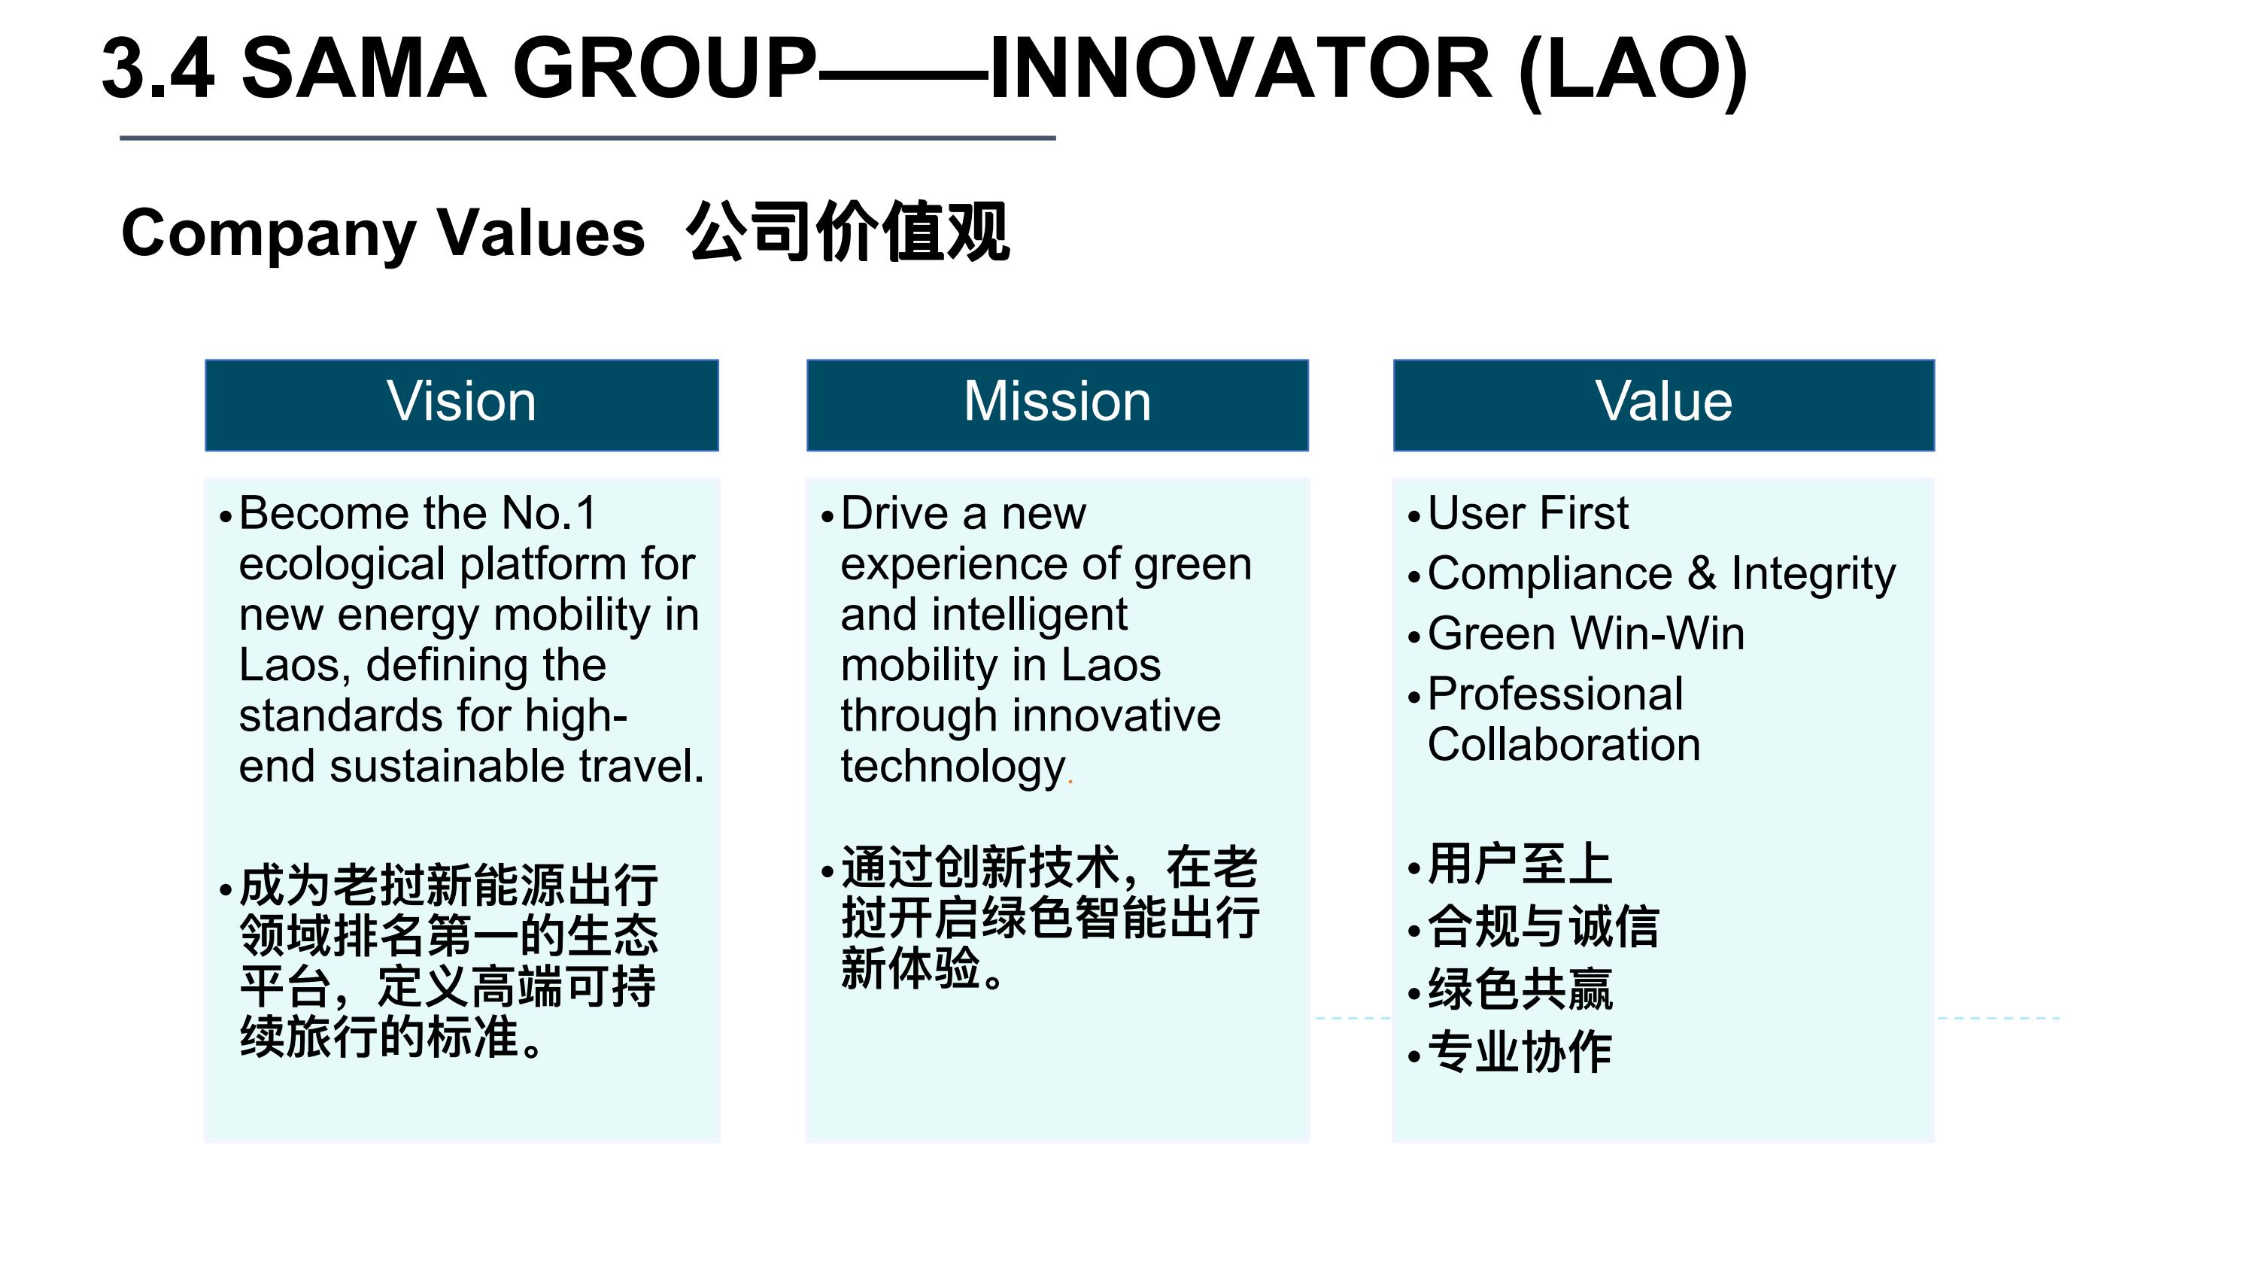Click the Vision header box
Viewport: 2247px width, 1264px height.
coord(461,405)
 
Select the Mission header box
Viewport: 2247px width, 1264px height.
coord(1057,405)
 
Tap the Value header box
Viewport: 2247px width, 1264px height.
coord(1663,405)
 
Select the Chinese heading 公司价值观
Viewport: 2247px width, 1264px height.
coord(848,232)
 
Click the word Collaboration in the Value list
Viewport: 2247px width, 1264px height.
coord(1564,744)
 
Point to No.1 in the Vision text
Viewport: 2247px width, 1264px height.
coord(548,512)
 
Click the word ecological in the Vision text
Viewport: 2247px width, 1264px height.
coord(343,565)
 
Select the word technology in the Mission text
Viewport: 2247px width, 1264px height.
coord(953,767)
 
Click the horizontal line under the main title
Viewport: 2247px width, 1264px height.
coord(588,138)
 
